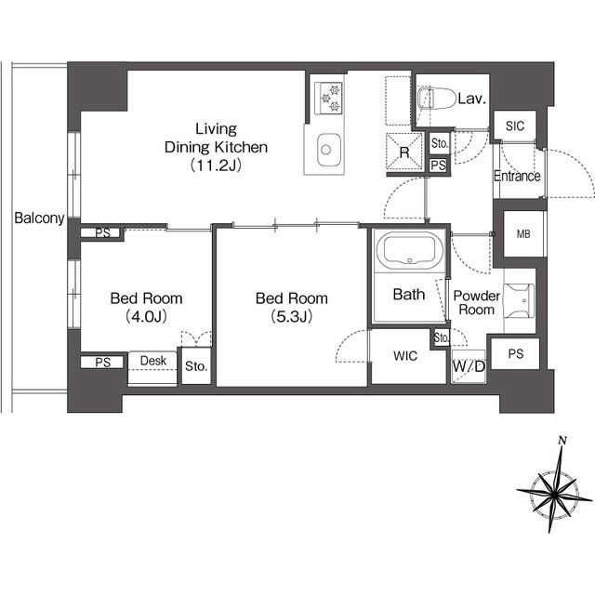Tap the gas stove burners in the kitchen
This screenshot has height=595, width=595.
328,98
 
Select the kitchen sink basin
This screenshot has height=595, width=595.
328,149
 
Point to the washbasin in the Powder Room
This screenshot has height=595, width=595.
519,300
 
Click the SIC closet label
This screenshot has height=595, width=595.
514,126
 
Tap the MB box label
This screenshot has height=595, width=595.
523,234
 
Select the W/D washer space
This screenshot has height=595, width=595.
469,366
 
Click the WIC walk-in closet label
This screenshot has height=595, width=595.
405,355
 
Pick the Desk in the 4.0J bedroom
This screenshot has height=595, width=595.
152,367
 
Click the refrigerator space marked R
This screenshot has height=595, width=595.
404,152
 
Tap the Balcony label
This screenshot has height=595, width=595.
39,218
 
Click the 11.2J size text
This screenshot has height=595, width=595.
216,165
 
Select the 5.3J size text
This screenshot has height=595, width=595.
291,316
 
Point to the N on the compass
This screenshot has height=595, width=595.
562,441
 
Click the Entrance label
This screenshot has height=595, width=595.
517,176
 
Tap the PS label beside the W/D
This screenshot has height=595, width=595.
515,353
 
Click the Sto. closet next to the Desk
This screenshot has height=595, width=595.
196,365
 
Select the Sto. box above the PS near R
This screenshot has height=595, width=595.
440,143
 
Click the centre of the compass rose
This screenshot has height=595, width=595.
554,494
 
